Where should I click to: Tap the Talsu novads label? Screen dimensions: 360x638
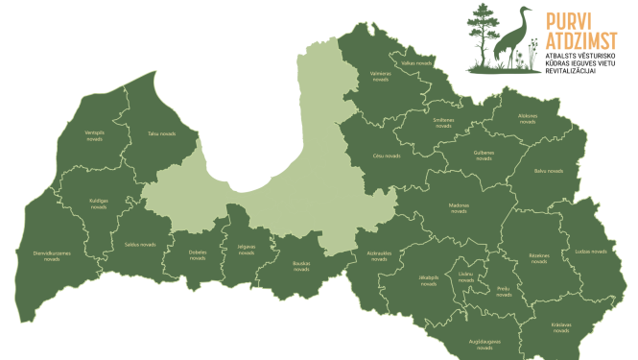[x=161, y=133]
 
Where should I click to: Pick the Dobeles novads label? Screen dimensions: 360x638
[x=198, y=254]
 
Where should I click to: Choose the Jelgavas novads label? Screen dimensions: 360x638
[x=246, y=249]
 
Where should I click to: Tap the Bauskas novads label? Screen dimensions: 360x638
[x=301, y=266]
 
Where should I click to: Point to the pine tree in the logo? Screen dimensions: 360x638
[x=483, y=34]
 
